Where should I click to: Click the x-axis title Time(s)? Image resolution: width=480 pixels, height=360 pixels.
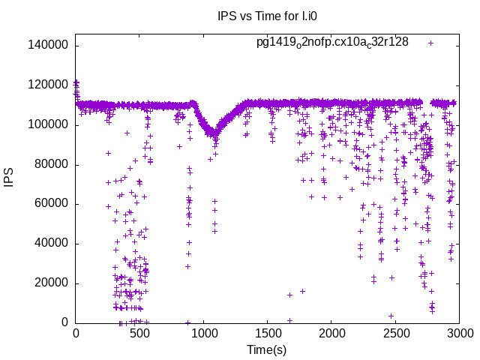point(267,349)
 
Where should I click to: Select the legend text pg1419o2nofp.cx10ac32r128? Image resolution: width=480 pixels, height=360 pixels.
point(332,42)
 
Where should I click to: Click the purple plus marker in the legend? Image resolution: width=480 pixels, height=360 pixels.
point(430,43)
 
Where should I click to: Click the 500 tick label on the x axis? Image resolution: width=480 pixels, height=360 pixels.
point(139,334)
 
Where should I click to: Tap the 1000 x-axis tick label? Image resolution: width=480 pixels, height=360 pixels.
point(203,334)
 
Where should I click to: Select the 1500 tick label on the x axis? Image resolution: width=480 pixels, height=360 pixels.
point(268,334)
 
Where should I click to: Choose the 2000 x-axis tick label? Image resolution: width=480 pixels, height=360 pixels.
point(331,334)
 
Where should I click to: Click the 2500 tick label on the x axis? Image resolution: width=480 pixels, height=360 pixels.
point(396,334)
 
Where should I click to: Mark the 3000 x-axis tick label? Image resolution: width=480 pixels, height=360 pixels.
point(460,334)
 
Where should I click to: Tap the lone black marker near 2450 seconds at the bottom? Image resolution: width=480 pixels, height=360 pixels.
point(391,316)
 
